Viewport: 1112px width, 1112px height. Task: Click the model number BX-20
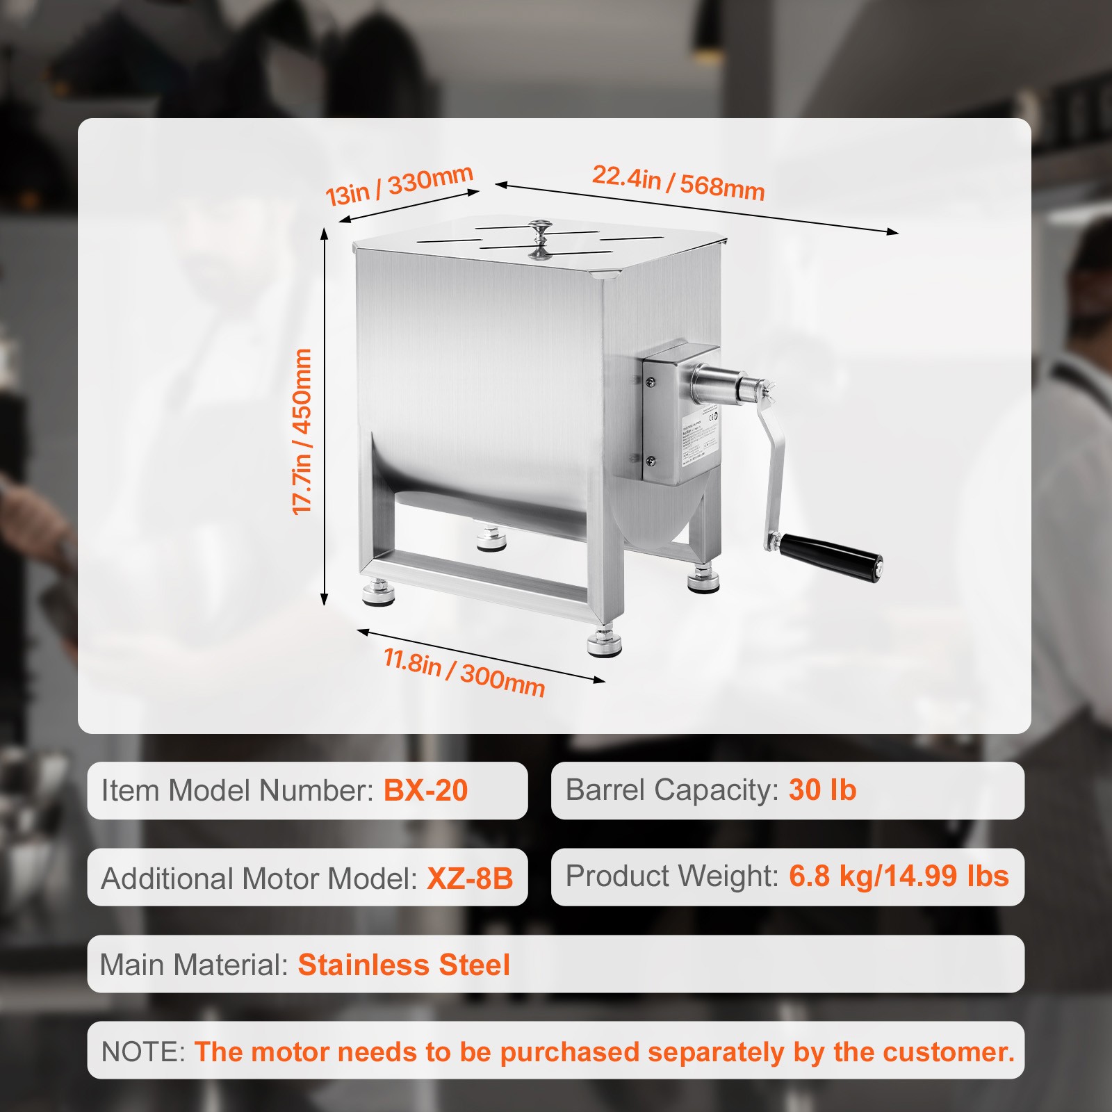click(x=425, y=791)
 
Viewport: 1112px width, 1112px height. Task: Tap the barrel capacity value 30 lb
click(x=822, y=790)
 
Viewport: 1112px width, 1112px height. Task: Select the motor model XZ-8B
click(x=470, y=878)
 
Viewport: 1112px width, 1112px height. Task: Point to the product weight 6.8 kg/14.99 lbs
click(x=898, y=876)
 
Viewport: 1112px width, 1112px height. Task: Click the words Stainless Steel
click(x=404, y=965)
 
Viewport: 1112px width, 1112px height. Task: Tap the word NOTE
click(x=142, y=1052)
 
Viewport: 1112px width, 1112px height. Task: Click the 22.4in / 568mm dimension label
click(x=678, y=183)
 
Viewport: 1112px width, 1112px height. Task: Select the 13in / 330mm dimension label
click(x=400, y=186)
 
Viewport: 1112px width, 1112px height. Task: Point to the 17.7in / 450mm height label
click(x=302, y=432)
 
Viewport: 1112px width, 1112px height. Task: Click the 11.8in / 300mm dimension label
click(x=464, y=671)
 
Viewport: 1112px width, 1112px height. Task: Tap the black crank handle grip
click(x=831, y=557)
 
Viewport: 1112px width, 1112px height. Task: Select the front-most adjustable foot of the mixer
click(x=604, y=644)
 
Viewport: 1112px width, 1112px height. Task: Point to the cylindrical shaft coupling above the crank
click(x=723, y=386)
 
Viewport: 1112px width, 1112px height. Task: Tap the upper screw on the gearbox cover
click(x=651, y=382)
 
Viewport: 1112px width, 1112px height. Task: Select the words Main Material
click(x=193, y=965)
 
